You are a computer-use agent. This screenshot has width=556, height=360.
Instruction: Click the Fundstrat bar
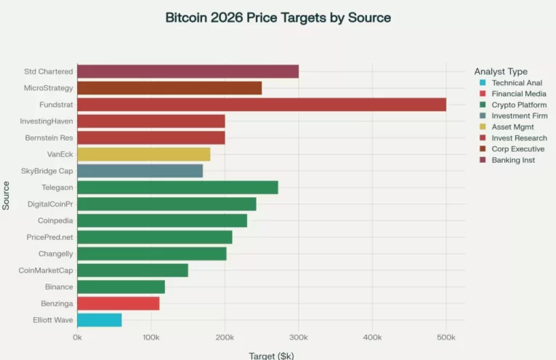tap(262, 105)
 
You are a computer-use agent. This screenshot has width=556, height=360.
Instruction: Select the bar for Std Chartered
tap(188, 71)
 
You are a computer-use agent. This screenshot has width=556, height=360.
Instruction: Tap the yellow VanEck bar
tap(143, 154)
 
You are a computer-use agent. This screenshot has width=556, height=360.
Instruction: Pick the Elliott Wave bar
tap(100, 320)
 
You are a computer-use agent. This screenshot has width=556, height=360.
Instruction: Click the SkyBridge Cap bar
tap(140, 171)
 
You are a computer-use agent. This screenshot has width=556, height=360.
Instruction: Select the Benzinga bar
tap(118, 303)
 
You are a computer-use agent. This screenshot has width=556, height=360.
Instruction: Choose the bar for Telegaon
tap(177, 188)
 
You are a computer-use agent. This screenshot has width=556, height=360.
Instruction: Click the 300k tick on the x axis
tap(299, 338)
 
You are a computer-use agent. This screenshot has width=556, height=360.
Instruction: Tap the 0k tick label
tap(77, 338)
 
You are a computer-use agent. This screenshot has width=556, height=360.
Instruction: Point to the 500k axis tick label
tap(446, 338)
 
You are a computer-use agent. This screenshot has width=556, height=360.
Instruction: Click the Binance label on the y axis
tap(59, 287)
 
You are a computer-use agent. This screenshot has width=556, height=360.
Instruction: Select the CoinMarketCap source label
tap(46, 271)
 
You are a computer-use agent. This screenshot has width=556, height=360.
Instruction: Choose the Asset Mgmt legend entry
tap(512, 127)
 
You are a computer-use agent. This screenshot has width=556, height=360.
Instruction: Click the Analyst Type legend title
tap(501, 71)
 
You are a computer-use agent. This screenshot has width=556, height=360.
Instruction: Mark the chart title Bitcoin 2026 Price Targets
tap(278, 18)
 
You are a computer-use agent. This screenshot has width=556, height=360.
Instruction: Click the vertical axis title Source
tap(7, 196)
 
